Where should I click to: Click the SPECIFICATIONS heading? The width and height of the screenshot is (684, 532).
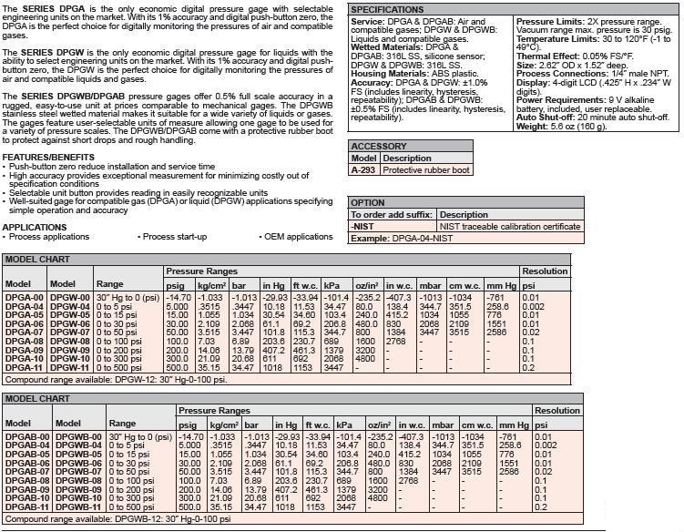pos(394,9)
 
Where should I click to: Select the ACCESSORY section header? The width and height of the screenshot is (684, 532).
pos(380,146)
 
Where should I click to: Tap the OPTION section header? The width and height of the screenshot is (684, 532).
pos(369,202)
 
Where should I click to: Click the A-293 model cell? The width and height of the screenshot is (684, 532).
pos(364,169)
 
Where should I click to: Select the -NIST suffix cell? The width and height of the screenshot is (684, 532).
pos(364,226)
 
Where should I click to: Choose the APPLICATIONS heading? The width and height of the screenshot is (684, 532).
pos(34,228)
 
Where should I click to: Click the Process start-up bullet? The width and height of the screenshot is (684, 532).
pos(177,237)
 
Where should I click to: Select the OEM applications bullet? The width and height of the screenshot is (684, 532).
pos(299,237)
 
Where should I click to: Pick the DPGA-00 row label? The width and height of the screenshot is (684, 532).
pos(25,297)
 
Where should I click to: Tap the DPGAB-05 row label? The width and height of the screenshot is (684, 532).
pos(27,453)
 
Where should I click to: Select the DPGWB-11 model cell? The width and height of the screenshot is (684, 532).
pos(79,506)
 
